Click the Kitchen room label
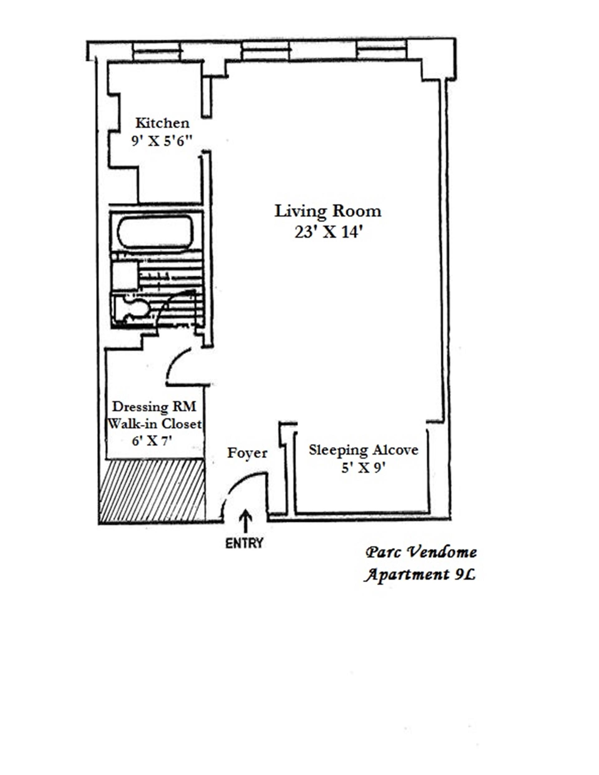(x=162, y=123)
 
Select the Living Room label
(x=328, y=212)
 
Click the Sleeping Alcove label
(x=363, y=450)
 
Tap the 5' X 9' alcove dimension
(x=363, y=468)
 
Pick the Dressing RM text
(x=154, y=406)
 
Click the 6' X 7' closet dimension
(x=152, y=441)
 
